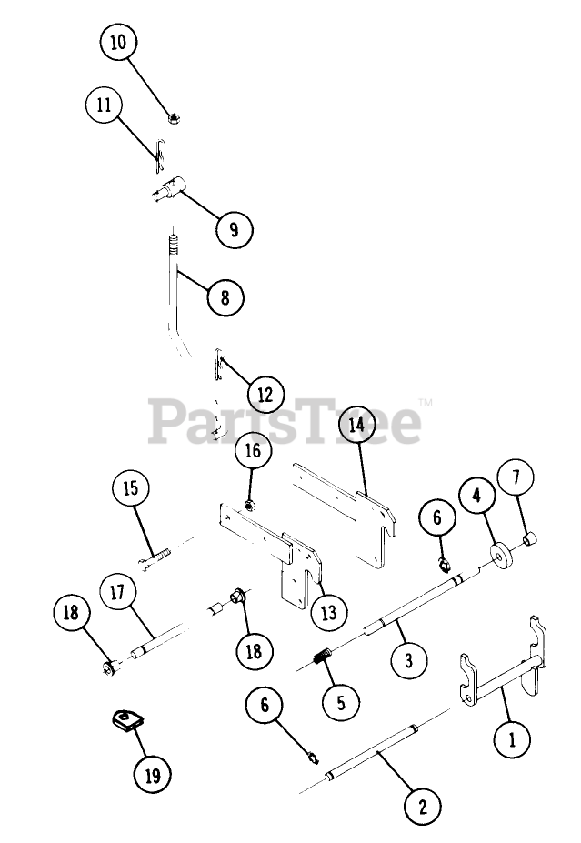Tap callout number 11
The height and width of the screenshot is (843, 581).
pyautogui.click(x=104, y=105)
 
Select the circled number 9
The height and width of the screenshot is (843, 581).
pyautogui.click(x=234, y=228)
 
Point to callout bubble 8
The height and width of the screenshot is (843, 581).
pyautogui.click(x=225, y=296)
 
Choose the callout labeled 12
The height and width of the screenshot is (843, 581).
pyautogui.click(x=265, y=395)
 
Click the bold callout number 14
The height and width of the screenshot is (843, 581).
pyautogui.click(x=357, y=425)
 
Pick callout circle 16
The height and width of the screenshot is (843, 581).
pyautogui.click(x=253, y=450)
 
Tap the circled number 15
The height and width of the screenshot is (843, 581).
pyautogui.click(x=132, y=488)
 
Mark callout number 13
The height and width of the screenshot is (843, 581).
pyautogui.click(x=328, y=612)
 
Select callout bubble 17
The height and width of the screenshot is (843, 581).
pyautogui.click(x=117, y=592)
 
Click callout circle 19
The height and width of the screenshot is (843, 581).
pyautogui.click(x=152, y=776)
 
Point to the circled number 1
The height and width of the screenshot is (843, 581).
pyautogui.click(x=513, y=738)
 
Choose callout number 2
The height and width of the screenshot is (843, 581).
pyautogui.click(x=421, y=804)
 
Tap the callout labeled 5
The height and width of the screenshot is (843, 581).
pyautogui.click(x=341, y=702)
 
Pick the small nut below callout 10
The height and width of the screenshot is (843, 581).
pyautogui.click(x=172, y=117)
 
